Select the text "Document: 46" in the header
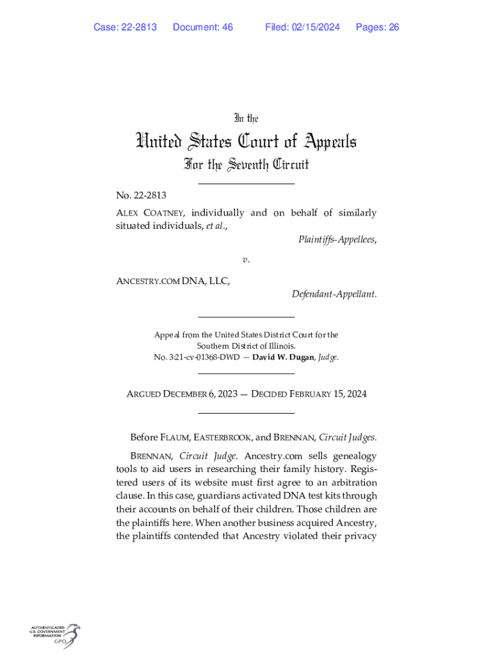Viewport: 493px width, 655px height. tap(203, 27)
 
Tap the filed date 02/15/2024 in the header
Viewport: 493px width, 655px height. tap(314, 27)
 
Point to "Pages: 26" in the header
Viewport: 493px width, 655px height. tap(378, 27)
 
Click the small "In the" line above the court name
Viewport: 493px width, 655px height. tap(247, 118)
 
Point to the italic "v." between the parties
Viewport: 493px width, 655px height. tap(246, 260)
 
